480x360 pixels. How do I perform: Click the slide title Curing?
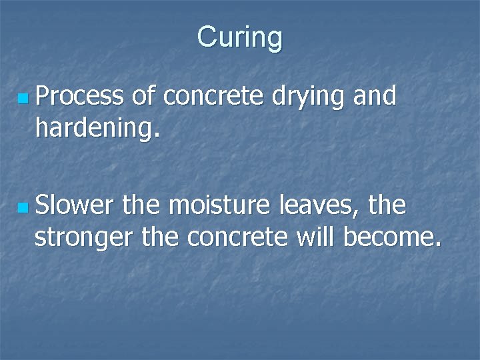click(240, 37)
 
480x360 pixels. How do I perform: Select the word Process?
click(79, 97)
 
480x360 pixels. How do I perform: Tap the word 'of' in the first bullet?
click(143, 97)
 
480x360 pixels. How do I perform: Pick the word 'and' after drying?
click(375, 97)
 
